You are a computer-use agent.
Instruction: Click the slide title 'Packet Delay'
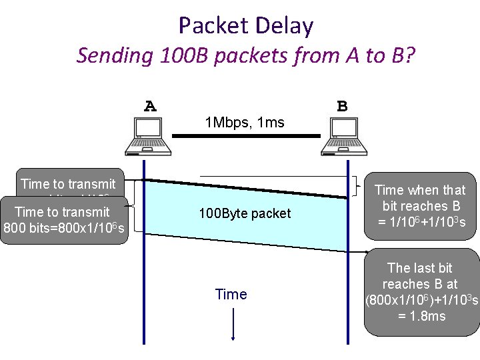pyautogui.click(x=245, y=25)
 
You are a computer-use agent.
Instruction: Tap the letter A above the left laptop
pyautogui.click(x=151, y=106)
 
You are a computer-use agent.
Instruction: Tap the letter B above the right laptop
pyautogui.click(x=342, y=106)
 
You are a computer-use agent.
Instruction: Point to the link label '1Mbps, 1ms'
pyautogui.click(x=245, y=123)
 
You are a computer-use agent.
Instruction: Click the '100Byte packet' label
pyautogui.click(x=245, y=213)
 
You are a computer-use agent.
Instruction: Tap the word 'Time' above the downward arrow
pyautogui.click(x=231, y=294)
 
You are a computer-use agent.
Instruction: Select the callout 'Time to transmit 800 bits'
pyautogui.click(x=64, y=221)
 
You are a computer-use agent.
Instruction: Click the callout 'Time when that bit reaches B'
pyautogui.click(x=420, y=206)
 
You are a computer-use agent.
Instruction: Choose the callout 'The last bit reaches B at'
pyautogui.click(x=421, y=291)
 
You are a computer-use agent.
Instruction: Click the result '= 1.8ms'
pyautogui.click(x=421, y=315)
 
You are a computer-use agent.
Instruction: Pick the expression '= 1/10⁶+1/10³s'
pyautogui.click(x=420, y=222)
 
